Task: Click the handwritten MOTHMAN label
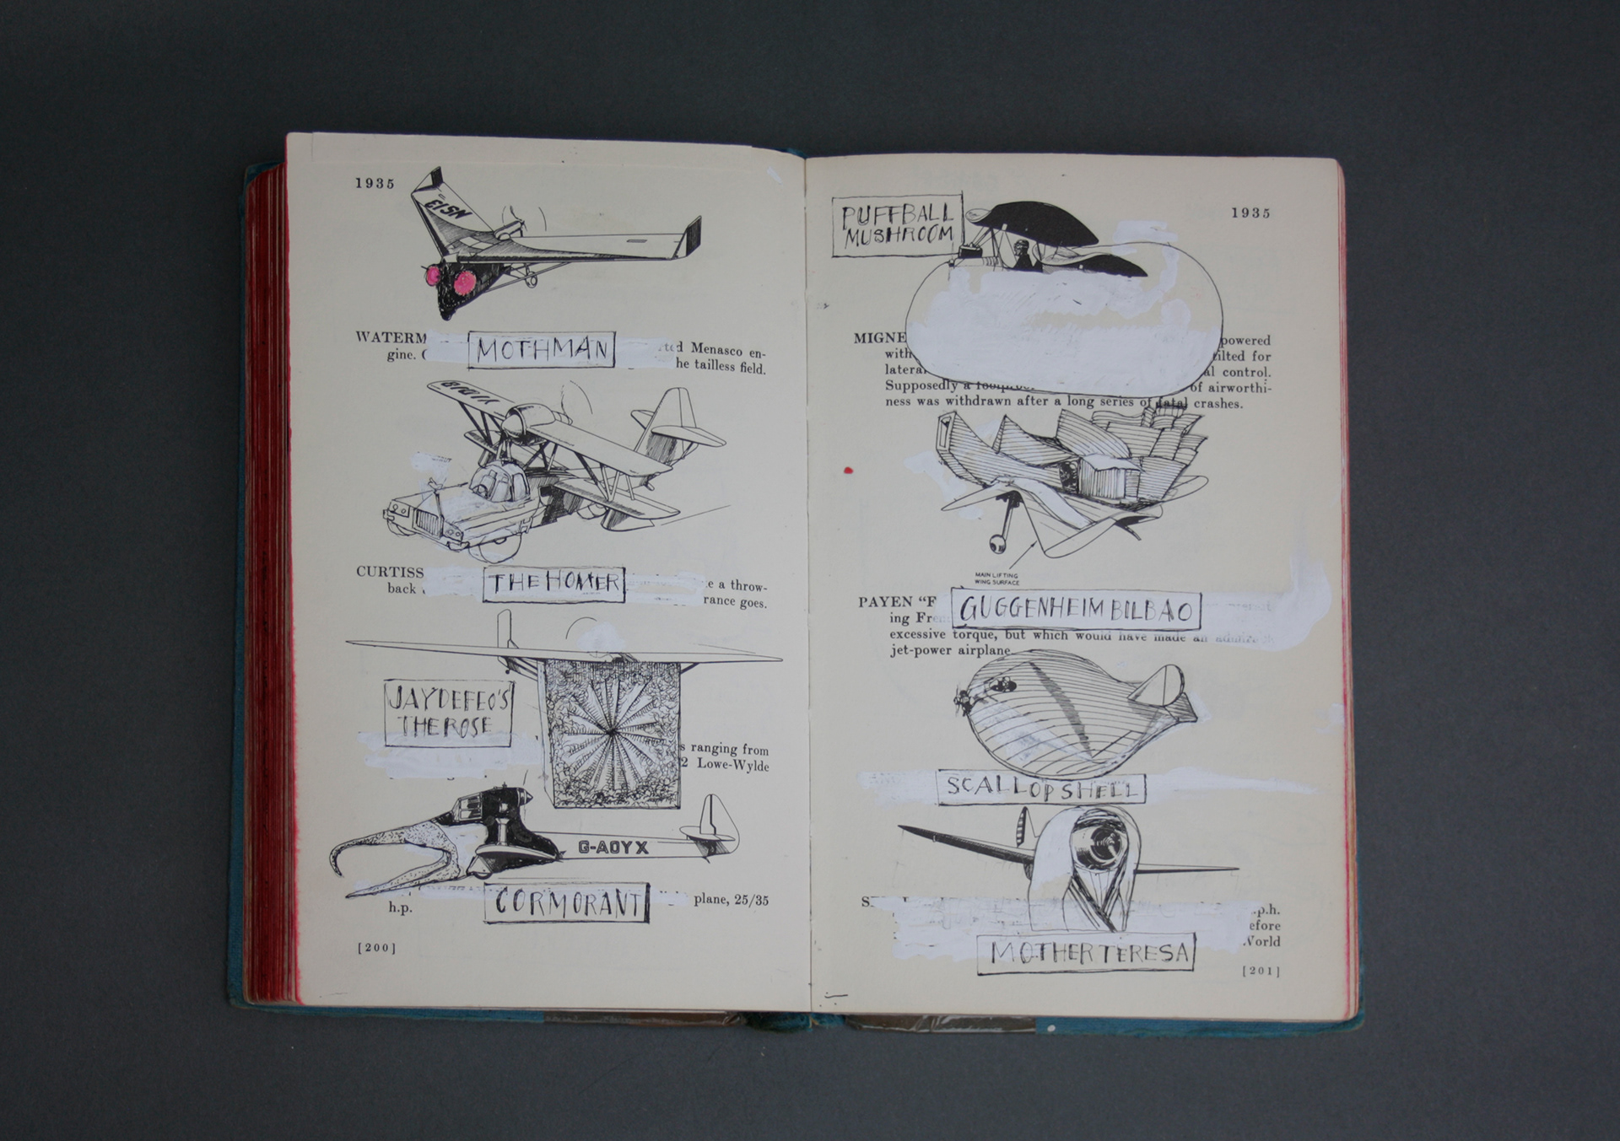point(542,349)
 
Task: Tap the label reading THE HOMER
point(553,584)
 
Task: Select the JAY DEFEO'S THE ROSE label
point(448,713)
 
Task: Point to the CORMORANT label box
point(566,902)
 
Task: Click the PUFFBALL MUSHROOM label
point(897,226)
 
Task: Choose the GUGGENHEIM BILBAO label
point(1077,609)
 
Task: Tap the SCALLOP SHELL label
point(1040,788)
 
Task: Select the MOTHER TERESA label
point(1088,953)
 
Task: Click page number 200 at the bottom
point(376,948)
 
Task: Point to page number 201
point(1261,971)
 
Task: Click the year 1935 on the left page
point(375,183)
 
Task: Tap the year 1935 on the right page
point(1250,213)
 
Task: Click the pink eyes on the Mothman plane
point(450,279)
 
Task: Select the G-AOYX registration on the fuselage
point(613,848)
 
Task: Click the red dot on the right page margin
point(848,470)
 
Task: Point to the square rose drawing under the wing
point(612,732)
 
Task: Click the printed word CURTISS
point(389,572)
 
